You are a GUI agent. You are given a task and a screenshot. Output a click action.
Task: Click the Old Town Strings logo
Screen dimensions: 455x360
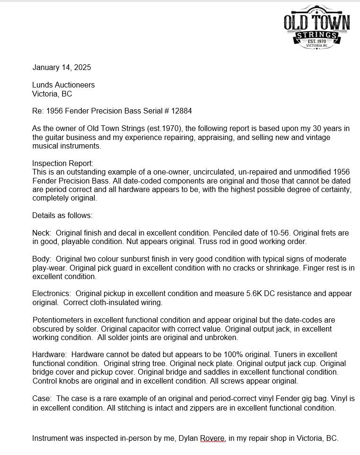(x=316, y=27)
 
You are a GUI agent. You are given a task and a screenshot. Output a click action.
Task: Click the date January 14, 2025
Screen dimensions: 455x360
(x=61, y=68)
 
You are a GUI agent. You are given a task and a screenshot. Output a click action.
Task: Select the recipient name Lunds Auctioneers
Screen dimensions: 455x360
(x=63, y=85)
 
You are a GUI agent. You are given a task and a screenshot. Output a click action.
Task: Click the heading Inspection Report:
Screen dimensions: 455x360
(x=63, y=164)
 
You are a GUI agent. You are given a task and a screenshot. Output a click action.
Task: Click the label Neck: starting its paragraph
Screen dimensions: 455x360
(x=41, y=233)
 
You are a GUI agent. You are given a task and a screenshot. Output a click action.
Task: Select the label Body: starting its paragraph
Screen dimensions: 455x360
(x=42, y=259)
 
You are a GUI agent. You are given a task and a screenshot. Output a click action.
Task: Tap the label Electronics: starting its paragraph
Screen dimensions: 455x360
(x=52, y=294)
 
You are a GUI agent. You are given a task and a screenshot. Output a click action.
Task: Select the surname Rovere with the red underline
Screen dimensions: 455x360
(x=212, y=438)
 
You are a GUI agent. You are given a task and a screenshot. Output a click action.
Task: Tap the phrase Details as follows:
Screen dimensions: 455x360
(x=62, y=216)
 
